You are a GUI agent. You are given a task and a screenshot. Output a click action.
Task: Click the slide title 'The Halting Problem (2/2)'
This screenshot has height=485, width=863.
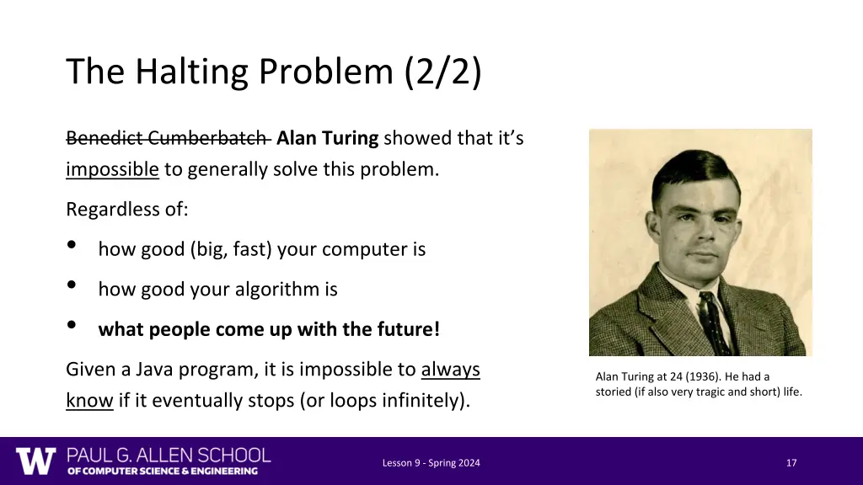pyautogui.click(x=274, y=72)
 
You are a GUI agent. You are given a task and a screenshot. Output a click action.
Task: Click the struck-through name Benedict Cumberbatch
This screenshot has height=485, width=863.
pyautogui.click(x=167, y=138)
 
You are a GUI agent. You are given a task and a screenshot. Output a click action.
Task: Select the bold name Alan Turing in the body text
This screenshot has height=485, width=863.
pyautogui.click(x=327, y=138)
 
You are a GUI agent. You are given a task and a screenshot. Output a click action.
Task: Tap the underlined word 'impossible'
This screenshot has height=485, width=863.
pyautogui.click(x=112, y=169)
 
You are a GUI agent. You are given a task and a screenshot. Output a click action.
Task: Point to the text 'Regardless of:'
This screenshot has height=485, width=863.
pyautogui.click(x=126, y=210)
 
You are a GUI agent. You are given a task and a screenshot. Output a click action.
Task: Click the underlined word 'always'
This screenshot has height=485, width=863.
pyautogui.click(x=450, y=370)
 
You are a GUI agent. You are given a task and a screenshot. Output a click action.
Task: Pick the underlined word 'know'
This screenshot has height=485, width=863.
pyautogui.click(x=89, y=401)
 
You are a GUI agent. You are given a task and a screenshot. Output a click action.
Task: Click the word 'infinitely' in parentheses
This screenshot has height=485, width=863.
pyautogui.click(x=424, y=401)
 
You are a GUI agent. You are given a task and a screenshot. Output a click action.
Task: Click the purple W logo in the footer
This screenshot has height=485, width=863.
pyautogui.click(x=35, y=461)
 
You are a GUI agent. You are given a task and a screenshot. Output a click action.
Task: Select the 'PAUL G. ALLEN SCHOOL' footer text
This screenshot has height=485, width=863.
pyautogui.click(x=169, y=456)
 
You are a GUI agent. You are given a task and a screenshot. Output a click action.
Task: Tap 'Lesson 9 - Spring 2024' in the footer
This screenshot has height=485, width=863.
pyautogui.click(x=431, y=463)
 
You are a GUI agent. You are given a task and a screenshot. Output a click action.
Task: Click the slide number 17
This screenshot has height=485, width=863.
pyautogui.click(x=791, y=463)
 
